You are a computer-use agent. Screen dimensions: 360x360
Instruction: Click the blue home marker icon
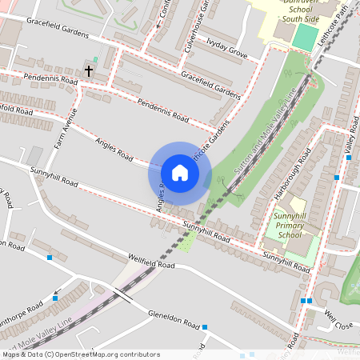point(180,173)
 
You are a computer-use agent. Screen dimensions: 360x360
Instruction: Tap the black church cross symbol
point(88,71)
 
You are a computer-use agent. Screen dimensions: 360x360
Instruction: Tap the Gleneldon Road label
point(174,319)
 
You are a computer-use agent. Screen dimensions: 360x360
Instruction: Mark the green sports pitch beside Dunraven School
point(305,37)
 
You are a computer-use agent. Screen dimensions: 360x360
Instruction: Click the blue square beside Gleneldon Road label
point(205,327)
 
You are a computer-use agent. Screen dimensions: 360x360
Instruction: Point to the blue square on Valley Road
point(337,178)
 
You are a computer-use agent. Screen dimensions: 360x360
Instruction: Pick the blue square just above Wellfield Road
point(50,258)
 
